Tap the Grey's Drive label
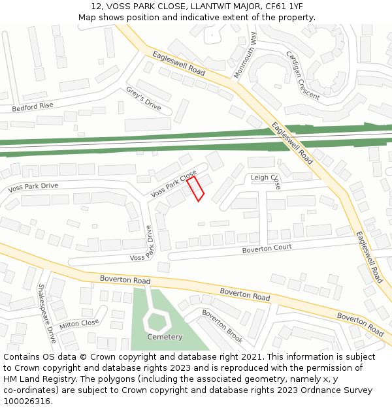pyautogui.click(x=144, y=97)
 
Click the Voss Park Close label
pyautogui.click(x=173, y=185)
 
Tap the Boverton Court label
pyautogui.click(x=267, y=249)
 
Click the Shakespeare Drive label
pyautogui.click(x=46, y=313)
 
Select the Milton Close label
pyautogui.click(x=79, y=324)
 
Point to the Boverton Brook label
pyautogui.click(x=222, y=326)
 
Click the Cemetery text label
pyautogui.click(x=165, y=337)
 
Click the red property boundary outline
pyautogui.click(x=196, y=189)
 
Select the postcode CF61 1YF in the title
pyautogui.click(x=272, y=6)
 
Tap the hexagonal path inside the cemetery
pyautogui.click(x=157, y=320)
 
